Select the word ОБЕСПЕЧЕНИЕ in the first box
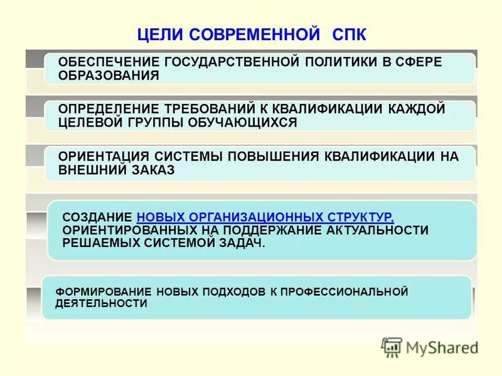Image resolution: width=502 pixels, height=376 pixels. (107, 62)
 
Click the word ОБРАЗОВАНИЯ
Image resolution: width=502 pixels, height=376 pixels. (109, 75)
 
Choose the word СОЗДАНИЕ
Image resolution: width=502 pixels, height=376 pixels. (97, 217)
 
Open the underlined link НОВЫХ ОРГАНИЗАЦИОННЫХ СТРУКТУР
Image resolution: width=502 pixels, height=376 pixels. (265, 217)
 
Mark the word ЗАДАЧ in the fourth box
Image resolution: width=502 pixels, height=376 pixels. (237, 243)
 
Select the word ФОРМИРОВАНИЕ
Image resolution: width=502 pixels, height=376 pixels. (95, 292)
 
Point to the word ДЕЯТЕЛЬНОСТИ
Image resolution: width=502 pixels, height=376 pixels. (101, 303)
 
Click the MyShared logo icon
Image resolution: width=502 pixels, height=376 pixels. (392, 347)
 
